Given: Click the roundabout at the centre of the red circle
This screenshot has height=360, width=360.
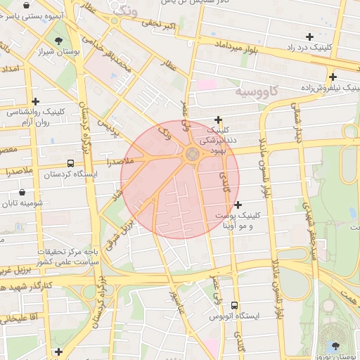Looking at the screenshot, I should point(192,153).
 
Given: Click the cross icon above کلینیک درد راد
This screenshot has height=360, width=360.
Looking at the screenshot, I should point(309,36).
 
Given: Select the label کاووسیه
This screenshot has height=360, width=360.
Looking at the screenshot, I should point(257,91).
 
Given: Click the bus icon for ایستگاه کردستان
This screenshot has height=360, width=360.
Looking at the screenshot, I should point(49,173).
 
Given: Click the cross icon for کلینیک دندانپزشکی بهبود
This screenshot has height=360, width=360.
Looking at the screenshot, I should point(219,120).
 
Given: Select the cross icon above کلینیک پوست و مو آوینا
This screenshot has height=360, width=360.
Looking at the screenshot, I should point(238,204).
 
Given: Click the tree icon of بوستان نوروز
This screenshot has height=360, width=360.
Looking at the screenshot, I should point(335,346).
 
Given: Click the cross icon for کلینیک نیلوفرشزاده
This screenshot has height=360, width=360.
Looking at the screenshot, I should point(333,77).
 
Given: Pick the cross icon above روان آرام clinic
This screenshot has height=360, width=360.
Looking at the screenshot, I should point(35,101).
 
